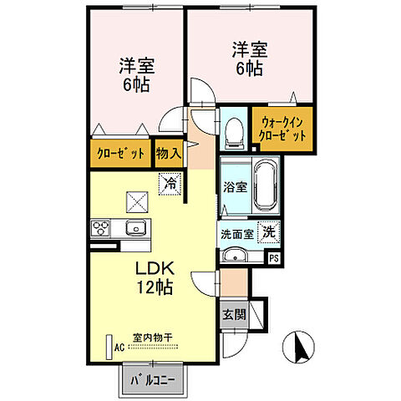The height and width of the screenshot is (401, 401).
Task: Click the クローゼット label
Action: click(x=119, y=153)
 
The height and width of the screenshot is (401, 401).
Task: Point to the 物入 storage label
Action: click(x=169, y=153)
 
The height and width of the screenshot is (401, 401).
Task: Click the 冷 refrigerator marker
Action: click(x=170, y=180)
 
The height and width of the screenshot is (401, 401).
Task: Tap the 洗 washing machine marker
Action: click(x=270, y=231)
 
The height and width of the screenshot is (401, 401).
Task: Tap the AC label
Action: click(x=119, y=347)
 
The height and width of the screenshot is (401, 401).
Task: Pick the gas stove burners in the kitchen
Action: click(x=101, y=227)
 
